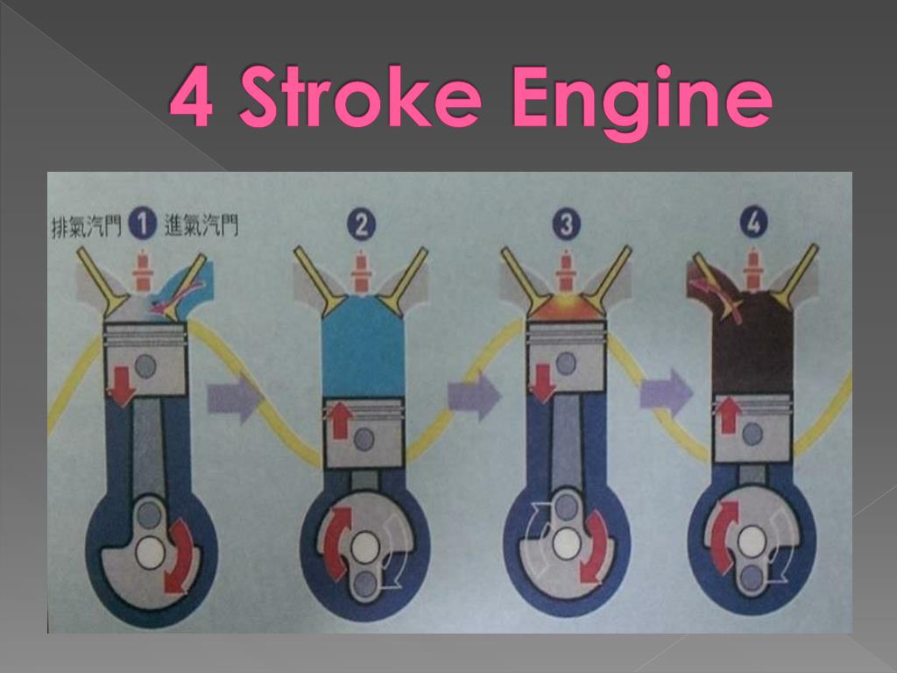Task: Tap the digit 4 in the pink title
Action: coord(192,96)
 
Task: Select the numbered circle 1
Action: coord(143,223)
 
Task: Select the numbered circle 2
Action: coord(362,224)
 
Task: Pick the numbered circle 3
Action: coord(567,223)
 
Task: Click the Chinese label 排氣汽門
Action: coord(87,225)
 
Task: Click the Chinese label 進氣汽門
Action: coord(201,225)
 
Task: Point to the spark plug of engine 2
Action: coord(360,272)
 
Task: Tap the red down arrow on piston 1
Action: coord(122,386)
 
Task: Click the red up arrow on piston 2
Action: coord(340,420)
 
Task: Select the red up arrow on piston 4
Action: coord(729,415)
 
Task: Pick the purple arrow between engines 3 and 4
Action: coord(666,393)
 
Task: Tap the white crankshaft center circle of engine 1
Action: coord(151,553)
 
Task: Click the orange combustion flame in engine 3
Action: coord(565,306)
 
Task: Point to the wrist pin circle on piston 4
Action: coord(752,434)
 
